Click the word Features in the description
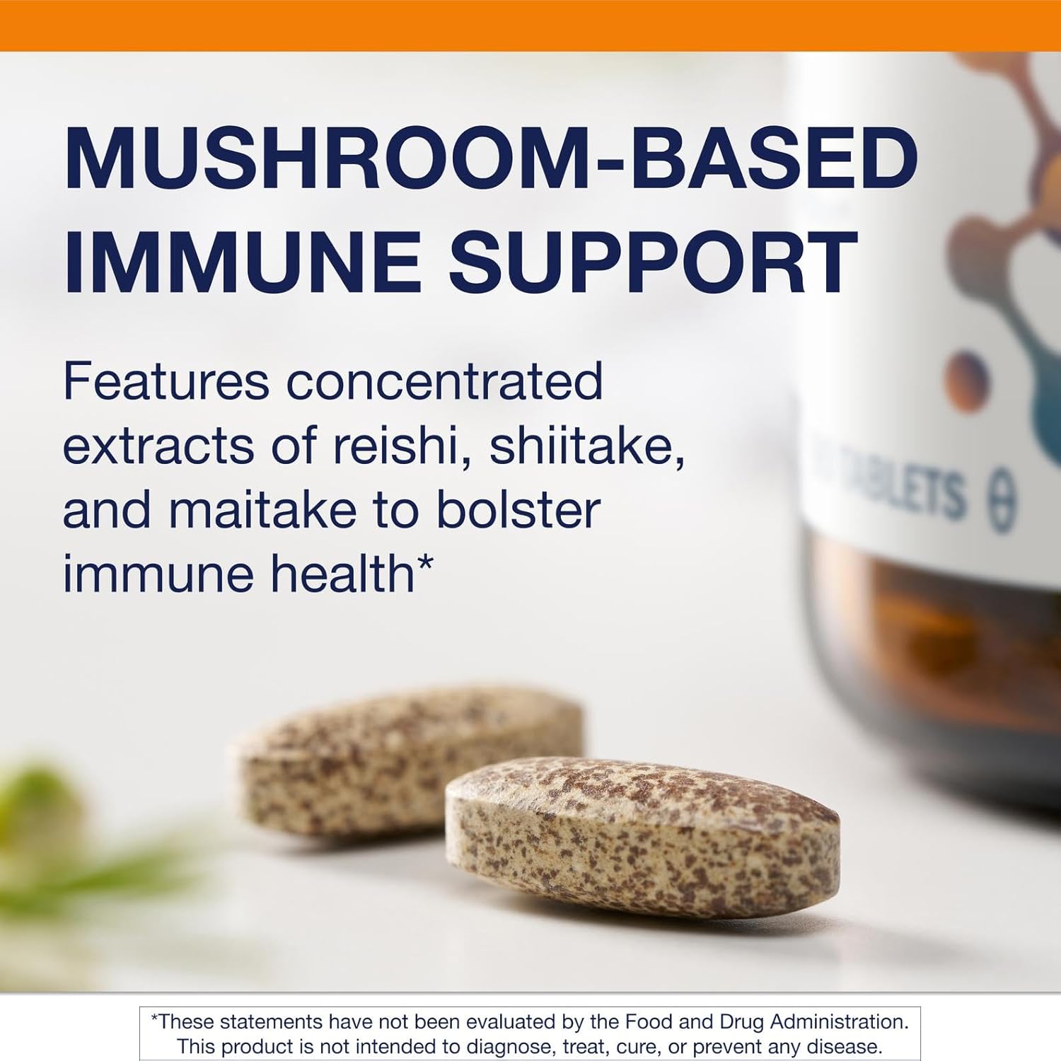pyautogui.click(x=166, y=381)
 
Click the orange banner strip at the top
pyautogui.click(x=530, y=25)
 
